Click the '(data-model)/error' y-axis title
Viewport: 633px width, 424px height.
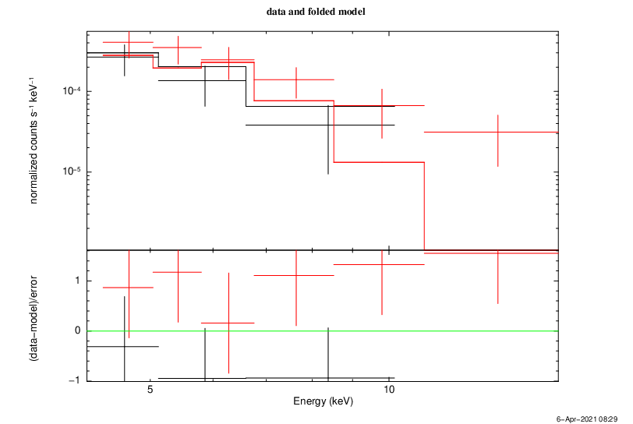click(x=35, y=319)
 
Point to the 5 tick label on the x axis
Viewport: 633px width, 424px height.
click(x=150, y=390)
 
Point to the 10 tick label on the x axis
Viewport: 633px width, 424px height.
click(x=389, y=390)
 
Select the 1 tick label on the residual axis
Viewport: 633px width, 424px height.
click(x=78, y=281)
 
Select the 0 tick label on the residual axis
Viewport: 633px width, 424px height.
click(x=78, y=331)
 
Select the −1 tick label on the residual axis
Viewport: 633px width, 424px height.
click(x=75, y=380)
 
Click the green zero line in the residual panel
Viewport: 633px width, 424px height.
click(x=468, y=331)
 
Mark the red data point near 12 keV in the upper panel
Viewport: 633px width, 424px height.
click(x=497, y=132)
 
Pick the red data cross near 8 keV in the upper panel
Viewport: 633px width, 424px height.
click(x=296, y=79)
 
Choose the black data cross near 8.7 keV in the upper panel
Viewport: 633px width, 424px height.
click(x=328, y=125)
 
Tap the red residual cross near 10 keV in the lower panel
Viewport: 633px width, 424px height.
click(x=381, y=264)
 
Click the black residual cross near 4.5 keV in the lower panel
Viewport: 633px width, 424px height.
click(x=124, y=346)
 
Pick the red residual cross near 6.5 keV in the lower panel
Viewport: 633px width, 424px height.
click(x=228, y=323)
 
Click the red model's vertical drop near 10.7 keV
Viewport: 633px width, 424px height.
click(x=424, y=207)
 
